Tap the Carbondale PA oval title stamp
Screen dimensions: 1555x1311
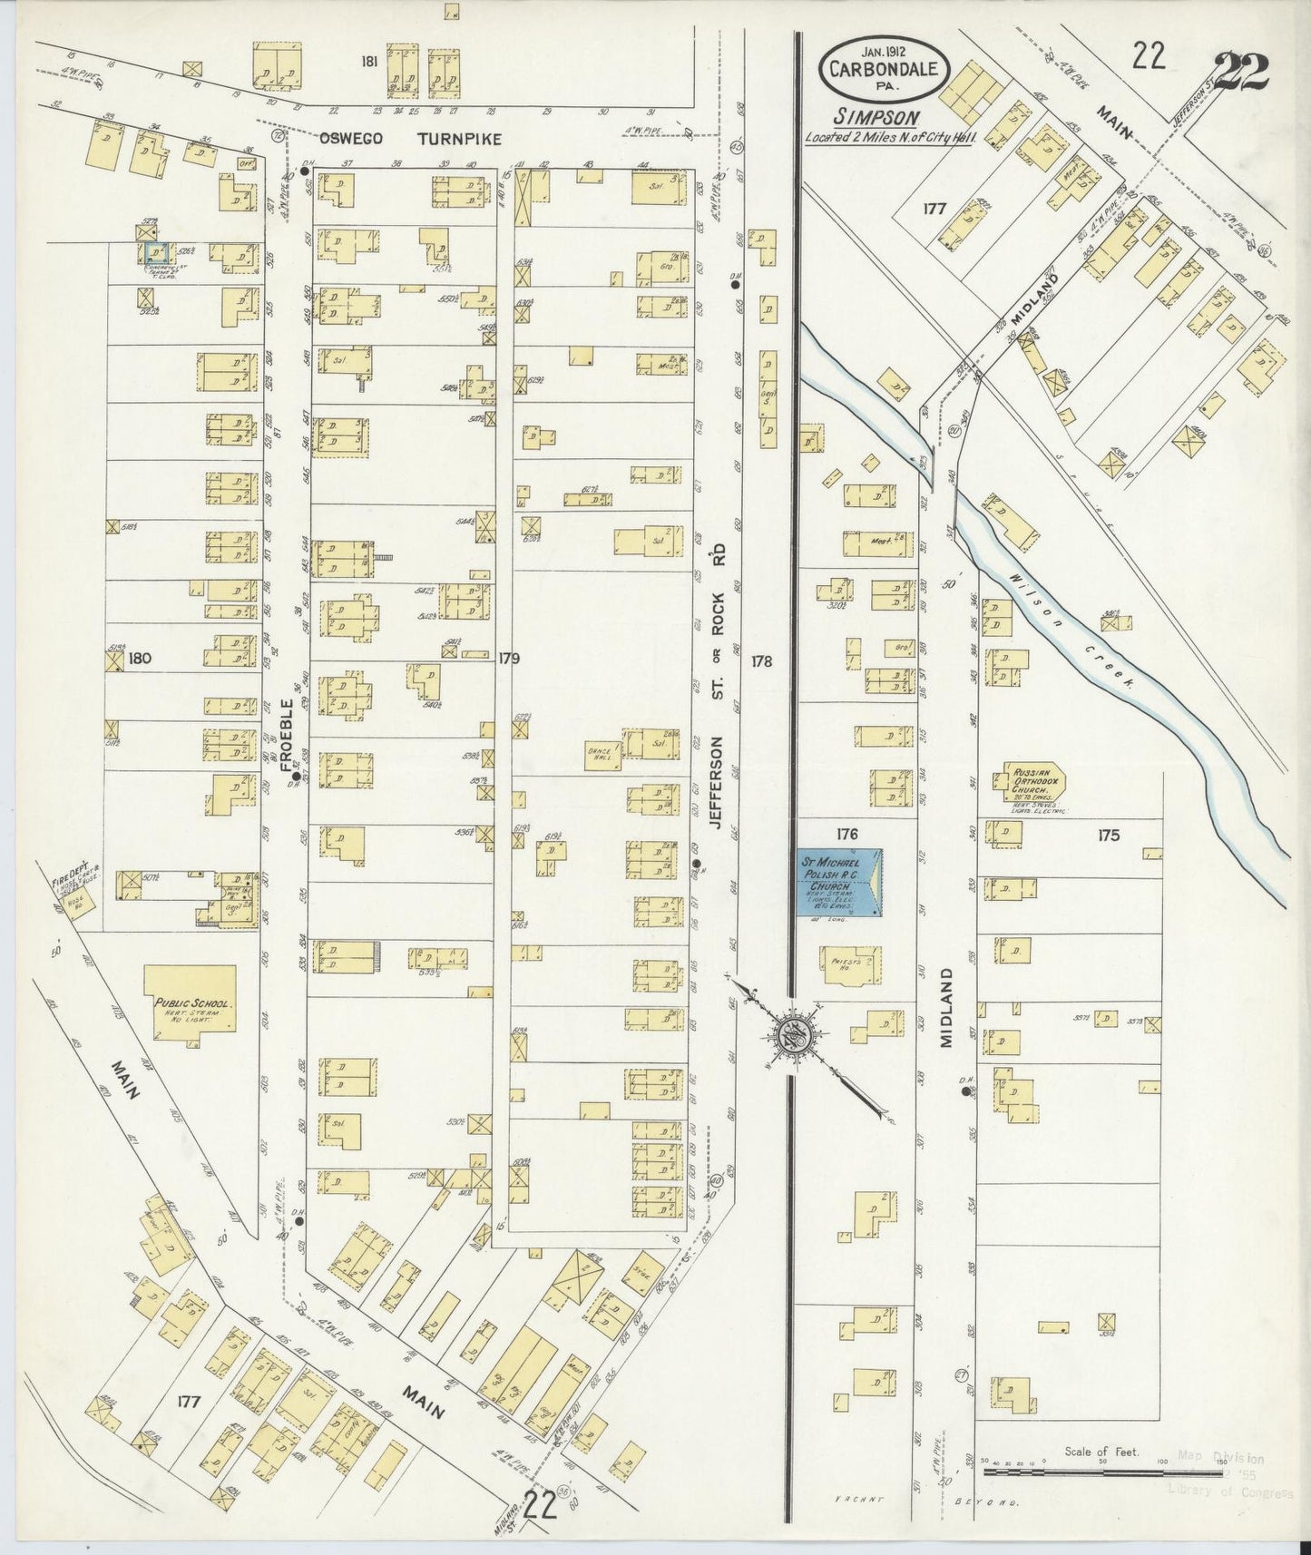pos(884,69)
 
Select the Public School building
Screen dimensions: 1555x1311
pos(191,998)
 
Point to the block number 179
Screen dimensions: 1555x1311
pos(507,658)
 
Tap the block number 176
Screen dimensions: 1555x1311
pos(847,833)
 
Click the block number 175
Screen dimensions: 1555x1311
pos(1108,836)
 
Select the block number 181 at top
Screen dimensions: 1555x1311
pos(368,62)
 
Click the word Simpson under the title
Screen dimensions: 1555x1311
pos(876,116)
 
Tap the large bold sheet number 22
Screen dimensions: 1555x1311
pos(1239,71)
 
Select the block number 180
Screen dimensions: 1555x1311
pos(139,658)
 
